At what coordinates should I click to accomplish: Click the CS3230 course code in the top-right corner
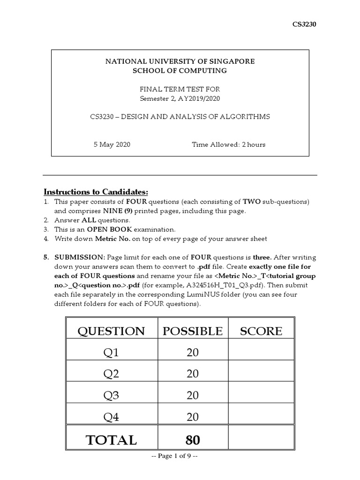tap(305, 25)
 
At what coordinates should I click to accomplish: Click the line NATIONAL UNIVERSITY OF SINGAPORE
tap(180, 61)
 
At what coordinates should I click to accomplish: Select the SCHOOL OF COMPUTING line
tap(180, 70)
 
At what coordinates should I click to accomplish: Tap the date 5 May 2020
tap(112, 144)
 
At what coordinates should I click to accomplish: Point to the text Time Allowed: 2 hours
tap(229, 144)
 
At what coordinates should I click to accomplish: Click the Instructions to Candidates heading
tap(96, 192)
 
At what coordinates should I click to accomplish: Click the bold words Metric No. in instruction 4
tap(110, 239)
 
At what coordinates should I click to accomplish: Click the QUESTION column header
tap(111, 331)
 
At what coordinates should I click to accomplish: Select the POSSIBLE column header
tap(192, 331)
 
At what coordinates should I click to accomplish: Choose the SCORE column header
tap(261, 331)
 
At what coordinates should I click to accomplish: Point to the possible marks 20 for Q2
tap(192, 374)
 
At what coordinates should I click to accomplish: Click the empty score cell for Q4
tap(261, 417)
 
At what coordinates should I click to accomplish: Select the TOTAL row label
tap(111, 440)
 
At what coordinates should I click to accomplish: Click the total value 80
tap(192, 440)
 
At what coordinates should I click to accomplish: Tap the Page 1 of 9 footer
tap(180, 456)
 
